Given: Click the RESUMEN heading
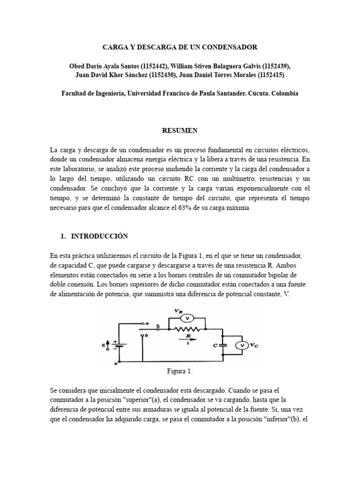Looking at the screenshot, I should point(180,131).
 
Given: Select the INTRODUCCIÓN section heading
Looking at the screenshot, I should point(99,236).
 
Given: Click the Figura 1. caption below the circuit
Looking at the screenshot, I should point(180,371).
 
